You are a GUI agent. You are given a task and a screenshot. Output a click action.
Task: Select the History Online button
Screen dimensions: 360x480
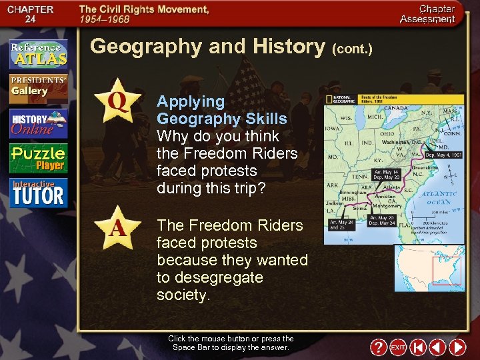38,123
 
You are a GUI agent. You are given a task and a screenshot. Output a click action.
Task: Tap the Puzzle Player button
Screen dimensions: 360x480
38,158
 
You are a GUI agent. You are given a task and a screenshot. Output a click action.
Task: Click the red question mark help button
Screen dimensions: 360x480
378,347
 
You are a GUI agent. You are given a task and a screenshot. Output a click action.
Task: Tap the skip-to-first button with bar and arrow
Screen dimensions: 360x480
417,347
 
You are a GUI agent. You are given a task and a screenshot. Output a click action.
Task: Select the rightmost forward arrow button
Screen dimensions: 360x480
457,347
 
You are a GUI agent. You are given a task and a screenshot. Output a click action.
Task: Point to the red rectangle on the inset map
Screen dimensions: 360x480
446,271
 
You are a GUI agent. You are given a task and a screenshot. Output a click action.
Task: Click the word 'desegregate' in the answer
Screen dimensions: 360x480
209,277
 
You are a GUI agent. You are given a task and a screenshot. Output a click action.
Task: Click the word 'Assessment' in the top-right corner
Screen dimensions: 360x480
427,19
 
